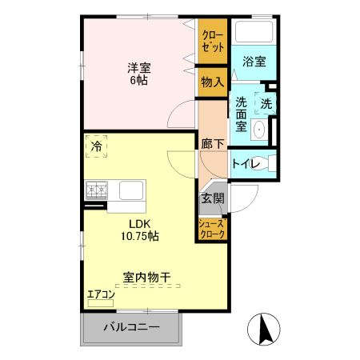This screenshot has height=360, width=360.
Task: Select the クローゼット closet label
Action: [x=213, y=42]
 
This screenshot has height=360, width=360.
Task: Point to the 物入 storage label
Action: [x=213, y=83]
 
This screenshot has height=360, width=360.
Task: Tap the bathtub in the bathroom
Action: [x=253, y=34]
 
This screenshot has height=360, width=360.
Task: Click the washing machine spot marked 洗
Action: [x=266, y=103]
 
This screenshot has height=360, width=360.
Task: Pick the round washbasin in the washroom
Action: [x=260, y=131]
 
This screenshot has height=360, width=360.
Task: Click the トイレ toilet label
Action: [x=244, y=164]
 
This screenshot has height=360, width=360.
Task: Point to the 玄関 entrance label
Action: [x=213, y=198]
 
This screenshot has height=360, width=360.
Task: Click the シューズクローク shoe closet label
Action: [x=213, y=230]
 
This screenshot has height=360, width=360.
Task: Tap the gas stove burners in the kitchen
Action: [x=98, y=191]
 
